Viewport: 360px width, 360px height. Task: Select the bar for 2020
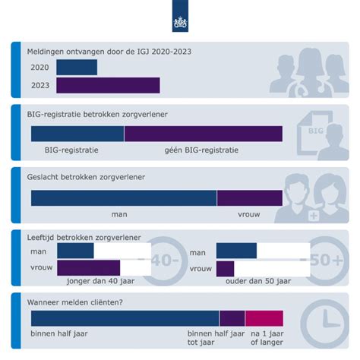(x=77, y=68)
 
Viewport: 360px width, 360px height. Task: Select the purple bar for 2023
(x=108, y=85)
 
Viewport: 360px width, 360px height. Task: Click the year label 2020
(x=40, y=68)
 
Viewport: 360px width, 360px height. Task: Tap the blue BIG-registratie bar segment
(x=77, y=134)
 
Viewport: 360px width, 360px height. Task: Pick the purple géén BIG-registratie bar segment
(x=204, y=134)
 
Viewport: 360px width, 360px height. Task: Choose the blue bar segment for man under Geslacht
(x=124, y=198)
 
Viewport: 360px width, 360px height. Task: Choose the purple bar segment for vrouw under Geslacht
(x=250, y=198)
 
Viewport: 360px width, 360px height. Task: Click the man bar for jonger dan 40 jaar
(x=75, y=251)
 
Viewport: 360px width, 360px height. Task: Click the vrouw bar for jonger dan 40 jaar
(x=88, y=268)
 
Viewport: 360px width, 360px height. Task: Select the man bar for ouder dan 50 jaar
(x=236, y=251)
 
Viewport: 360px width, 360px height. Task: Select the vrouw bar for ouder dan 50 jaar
(x=225, y=268)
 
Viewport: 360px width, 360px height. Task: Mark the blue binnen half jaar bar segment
(x=125, y=318)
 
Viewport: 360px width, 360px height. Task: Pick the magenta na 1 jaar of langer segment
(x=264, y=318)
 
